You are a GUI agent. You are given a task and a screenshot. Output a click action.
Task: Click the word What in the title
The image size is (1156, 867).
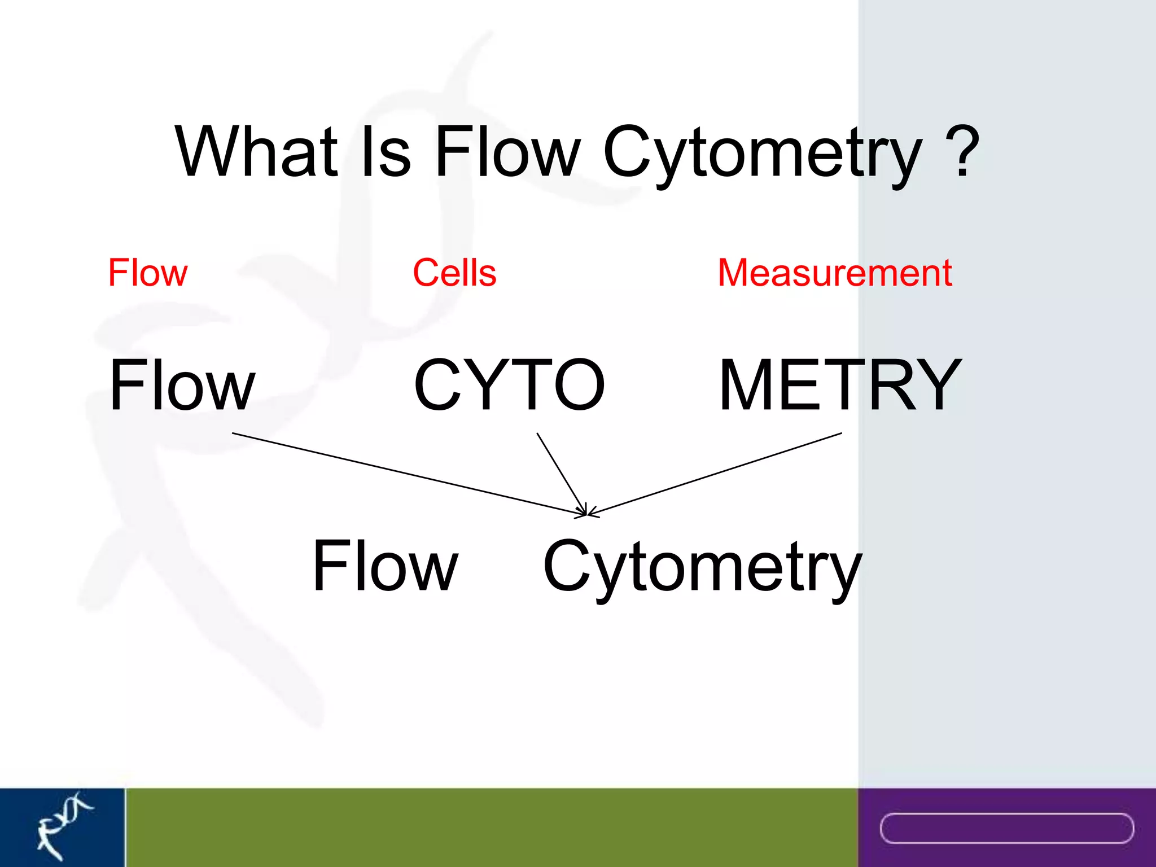coord(257,151)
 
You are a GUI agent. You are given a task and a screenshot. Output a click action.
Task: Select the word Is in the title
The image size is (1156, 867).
coord(386,151)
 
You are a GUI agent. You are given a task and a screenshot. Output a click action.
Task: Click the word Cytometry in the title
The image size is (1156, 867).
coord(762,152)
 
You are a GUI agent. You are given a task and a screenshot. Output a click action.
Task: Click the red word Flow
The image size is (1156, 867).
coord(147,273)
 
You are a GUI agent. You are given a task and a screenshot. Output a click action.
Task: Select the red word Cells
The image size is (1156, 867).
coord(454,273)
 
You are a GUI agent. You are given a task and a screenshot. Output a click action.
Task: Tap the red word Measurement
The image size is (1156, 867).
coord(835,273)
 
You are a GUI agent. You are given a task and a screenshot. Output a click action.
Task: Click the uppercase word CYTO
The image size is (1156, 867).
coord(509,385)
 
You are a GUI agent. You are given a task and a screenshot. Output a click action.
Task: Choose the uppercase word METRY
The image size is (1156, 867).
coord(840,385)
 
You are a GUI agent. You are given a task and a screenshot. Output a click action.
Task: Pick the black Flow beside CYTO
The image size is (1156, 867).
coord(182,385)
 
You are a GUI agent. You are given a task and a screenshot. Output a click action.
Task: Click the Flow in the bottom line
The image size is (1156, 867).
coord(385,566)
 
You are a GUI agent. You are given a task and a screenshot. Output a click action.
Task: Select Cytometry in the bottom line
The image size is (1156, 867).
coord(702,567)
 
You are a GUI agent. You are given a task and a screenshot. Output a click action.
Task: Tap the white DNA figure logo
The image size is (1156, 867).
coord(62,825)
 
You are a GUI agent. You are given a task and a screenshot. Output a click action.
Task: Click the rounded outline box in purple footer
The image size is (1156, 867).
coord(1006,829)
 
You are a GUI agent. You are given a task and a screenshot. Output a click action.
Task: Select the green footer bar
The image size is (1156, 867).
coord(491,827)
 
